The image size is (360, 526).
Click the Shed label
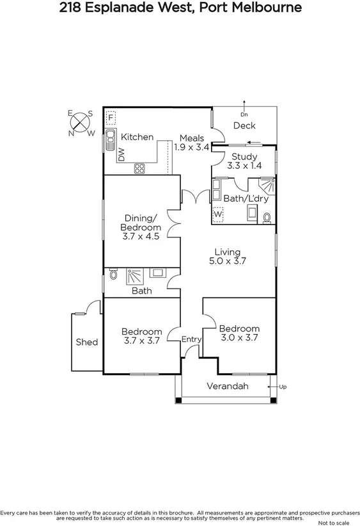(87, 342)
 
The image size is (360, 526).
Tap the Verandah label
(227, 386)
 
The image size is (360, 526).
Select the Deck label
(244, 125)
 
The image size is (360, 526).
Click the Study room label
(244, 157)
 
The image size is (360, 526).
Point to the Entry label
(192, 339)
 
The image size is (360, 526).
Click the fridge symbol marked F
(111, 118)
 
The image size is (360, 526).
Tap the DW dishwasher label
(120, 154)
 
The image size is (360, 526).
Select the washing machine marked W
(218, 214)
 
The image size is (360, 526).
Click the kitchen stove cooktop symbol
(139, 168)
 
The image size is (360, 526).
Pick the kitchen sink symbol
(109, 136)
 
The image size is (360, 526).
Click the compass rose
(81, 123)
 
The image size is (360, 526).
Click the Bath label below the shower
(141, 291)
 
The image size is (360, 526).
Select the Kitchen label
(137, 137)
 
